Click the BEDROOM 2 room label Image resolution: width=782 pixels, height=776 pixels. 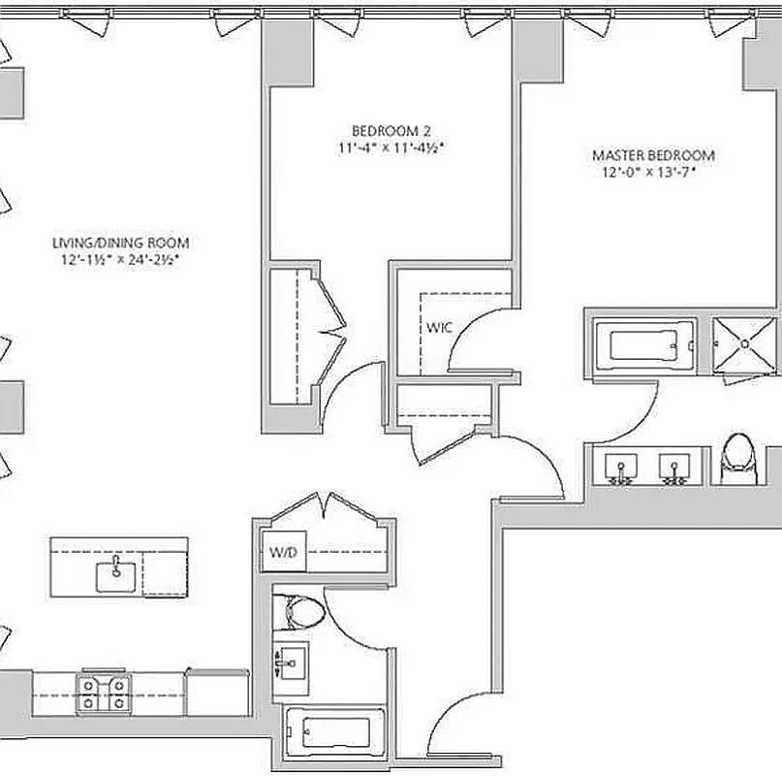(391, 131)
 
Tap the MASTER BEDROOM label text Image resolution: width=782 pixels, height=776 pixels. (653, 155)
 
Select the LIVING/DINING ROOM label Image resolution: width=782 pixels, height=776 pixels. (120, 243)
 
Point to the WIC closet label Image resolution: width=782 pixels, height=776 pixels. (439, 327)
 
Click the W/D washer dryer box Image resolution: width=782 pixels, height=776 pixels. (282, 554)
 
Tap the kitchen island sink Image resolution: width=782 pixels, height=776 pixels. (117, 574)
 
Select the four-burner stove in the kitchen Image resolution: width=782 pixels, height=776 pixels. (105, 694)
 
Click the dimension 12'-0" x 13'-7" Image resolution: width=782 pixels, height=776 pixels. (648, 174)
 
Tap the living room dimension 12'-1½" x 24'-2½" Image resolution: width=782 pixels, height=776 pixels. (120, 260)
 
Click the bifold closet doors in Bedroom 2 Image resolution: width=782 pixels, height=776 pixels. (332, 330)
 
